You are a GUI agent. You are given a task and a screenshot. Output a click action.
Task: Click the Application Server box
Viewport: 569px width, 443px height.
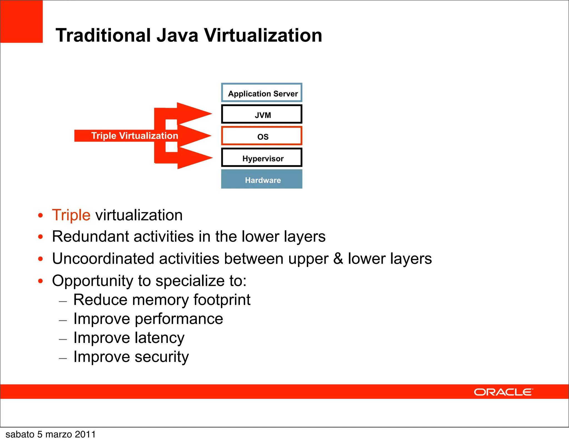262,93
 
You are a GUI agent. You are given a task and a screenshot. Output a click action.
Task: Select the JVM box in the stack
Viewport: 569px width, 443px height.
262,114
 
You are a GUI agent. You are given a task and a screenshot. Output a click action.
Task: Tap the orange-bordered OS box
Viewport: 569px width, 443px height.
262,136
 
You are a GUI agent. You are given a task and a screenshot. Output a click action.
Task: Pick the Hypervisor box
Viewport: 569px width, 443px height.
262,158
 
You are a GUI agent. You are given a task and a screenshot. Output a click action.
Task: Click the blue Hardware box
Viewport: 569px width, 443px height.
262,179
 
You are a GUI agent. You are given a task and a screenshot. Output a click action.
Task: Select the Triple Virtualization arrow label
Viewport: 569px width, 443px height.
134,136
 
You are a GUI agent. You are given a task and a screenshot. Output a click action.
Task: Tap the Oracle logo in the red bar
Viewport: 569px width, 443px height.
503,392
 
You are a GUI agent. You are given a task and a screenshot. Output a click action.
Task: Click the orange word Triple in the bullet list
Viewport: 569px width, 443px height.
71,215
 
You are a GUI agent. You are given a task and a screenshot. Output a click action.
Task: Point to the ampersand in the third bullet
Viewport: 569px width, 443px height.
338,258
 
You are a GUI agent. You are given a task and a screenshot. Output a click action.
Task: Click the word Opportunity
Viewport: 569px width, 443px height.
93,281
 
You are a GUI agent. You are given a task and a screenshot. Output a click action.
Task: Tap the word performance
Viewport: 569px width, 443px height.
179,319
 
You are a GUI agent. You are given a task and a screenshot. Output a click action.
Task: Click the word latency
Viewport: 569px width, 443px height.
159,338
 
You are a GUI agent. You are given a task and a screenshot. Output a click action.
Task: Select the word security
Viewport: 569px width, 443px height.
161,357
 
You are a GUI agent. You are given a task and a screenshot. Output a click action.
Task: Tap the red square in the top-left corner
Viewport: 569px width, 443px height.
21,21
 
